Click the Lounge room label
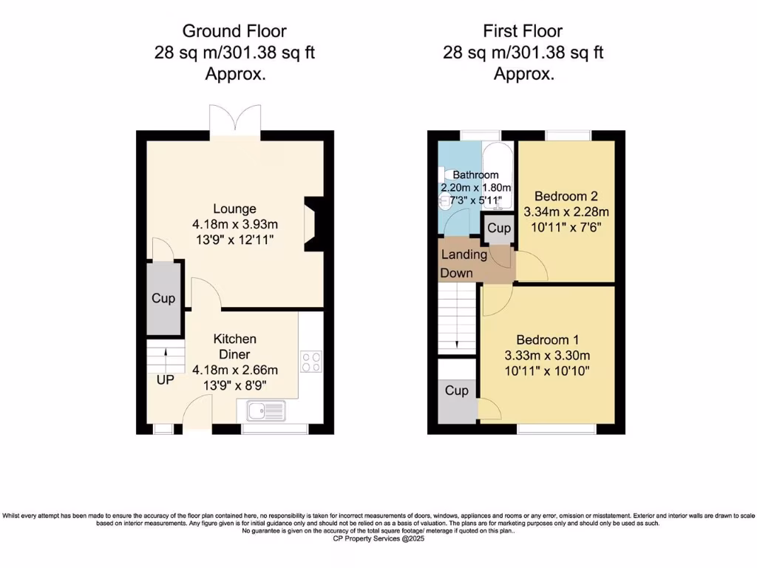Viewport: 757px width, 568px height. tap(235, 209)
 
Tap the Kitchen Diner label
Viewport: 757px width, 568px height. tap(235, 346)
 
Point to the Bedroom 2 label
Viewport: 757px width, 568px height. tap(566, 197)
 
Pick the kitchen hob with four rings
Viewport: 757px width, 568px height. tap(311, 362)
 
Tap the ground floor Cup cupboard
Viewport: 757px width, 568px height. tap(163, 298)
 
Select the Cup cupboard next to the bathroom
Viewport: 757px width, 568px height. tap(499, 229)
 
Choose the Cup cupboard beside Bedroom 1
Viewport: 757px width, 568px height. tap(457, 390)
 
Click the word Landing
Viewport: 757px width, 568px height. tap(464, 254)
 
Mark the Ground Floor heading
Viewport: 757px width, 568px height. tap(234, 31)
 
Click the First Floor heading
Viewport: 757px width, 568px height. tap(523, 31)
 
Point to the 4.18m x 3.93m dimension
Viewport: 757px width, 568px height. tap(235, 224)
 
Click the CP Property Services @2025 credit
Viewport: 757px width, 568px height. tap(378, 539)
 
